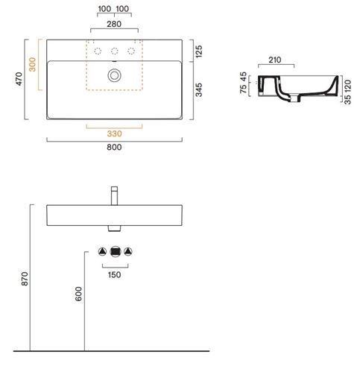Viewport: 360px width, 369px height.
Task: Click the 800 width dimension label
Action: pyautogui.click(x=114, y=147)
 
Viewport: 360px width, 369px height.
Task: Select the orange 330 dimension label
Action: pyautogui.click(x=115, y=133)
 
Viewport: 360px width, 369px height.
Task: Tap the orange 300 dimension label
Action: pyautogui.click(x=32, y=64)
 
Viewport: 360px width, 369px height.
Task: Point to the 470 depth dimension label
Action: pyautogui.click(x=19, y=79)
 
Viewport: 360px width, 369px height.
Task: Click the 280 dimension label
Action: pyautogui.click(x=114, y=24)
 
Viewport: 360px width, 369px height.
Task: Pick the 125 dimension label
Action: pyautogui.click(x=199, y=51)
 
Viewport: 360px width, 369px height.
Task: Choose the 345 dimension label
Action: pyautogui.click(x=199, y=89)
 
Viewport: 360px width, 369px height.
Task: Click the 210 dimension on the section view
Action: pyautogui.click(x=275, y=60)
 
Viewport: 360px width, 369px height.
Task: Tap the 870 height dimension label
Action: pyautogui.click(x=25, y=279)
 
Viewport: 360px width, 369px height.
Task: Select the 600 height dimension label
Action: pyautogui.click(x=78, y=294)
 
